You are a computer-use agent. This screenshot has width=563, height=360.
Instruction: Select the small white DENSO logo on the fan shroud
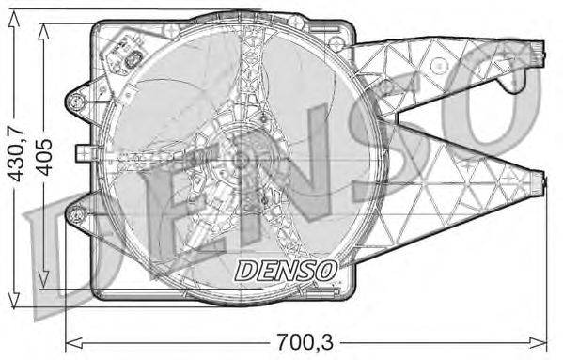point(285,271)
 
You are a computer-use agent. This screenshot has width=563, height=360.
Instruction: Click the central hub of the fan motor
point(242,161)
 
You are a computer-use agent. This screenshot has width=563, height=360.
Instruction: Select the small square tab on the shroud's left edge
point(82,149)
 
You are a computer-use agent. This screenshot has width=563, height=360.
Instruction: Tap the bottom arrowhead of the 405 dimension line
point(44,281)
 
